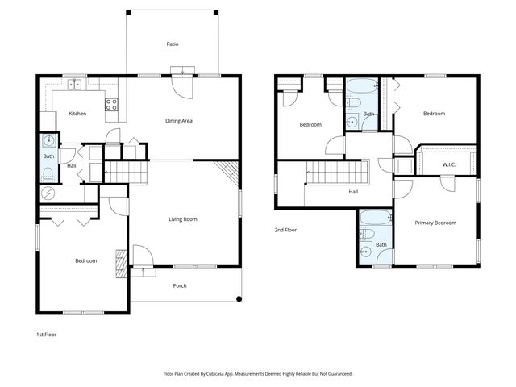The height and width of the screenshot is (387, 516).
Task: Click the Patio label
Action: (x=172, y=44)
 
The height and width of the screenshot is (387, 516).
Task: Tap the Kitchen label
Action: (x=77, y=114)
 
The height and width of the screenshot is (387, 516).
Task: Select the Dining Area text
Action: (x=178, y=121)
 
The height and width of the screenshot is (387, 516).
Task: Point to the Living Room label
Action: (x=183, y=219)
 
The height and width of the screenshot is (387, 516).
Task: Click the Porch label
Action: (x=181, y=286)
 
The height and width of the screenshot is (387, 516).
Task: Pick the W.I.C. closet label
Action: (x=449, y=165)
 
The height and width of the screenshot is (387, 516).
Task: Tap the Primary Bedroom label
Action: (x=435, y=223)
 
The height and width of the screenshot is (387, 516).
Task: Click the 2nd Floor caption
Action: (x=285, y=230)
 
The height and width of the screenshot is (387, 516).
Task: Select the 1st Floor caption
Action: (x=46, y=334)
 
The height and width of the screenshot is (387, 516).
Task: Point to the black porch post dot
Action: (x=239, y=300)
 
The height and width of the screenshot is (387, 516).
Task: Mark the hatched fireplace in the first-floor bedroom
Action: (x=121, y=263)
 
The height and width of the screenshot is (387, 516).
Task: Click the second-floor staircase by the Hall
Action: (x=335, y=172)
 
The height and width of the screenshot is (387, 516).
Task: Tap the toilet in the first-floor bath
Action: (x=48, y=173)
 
